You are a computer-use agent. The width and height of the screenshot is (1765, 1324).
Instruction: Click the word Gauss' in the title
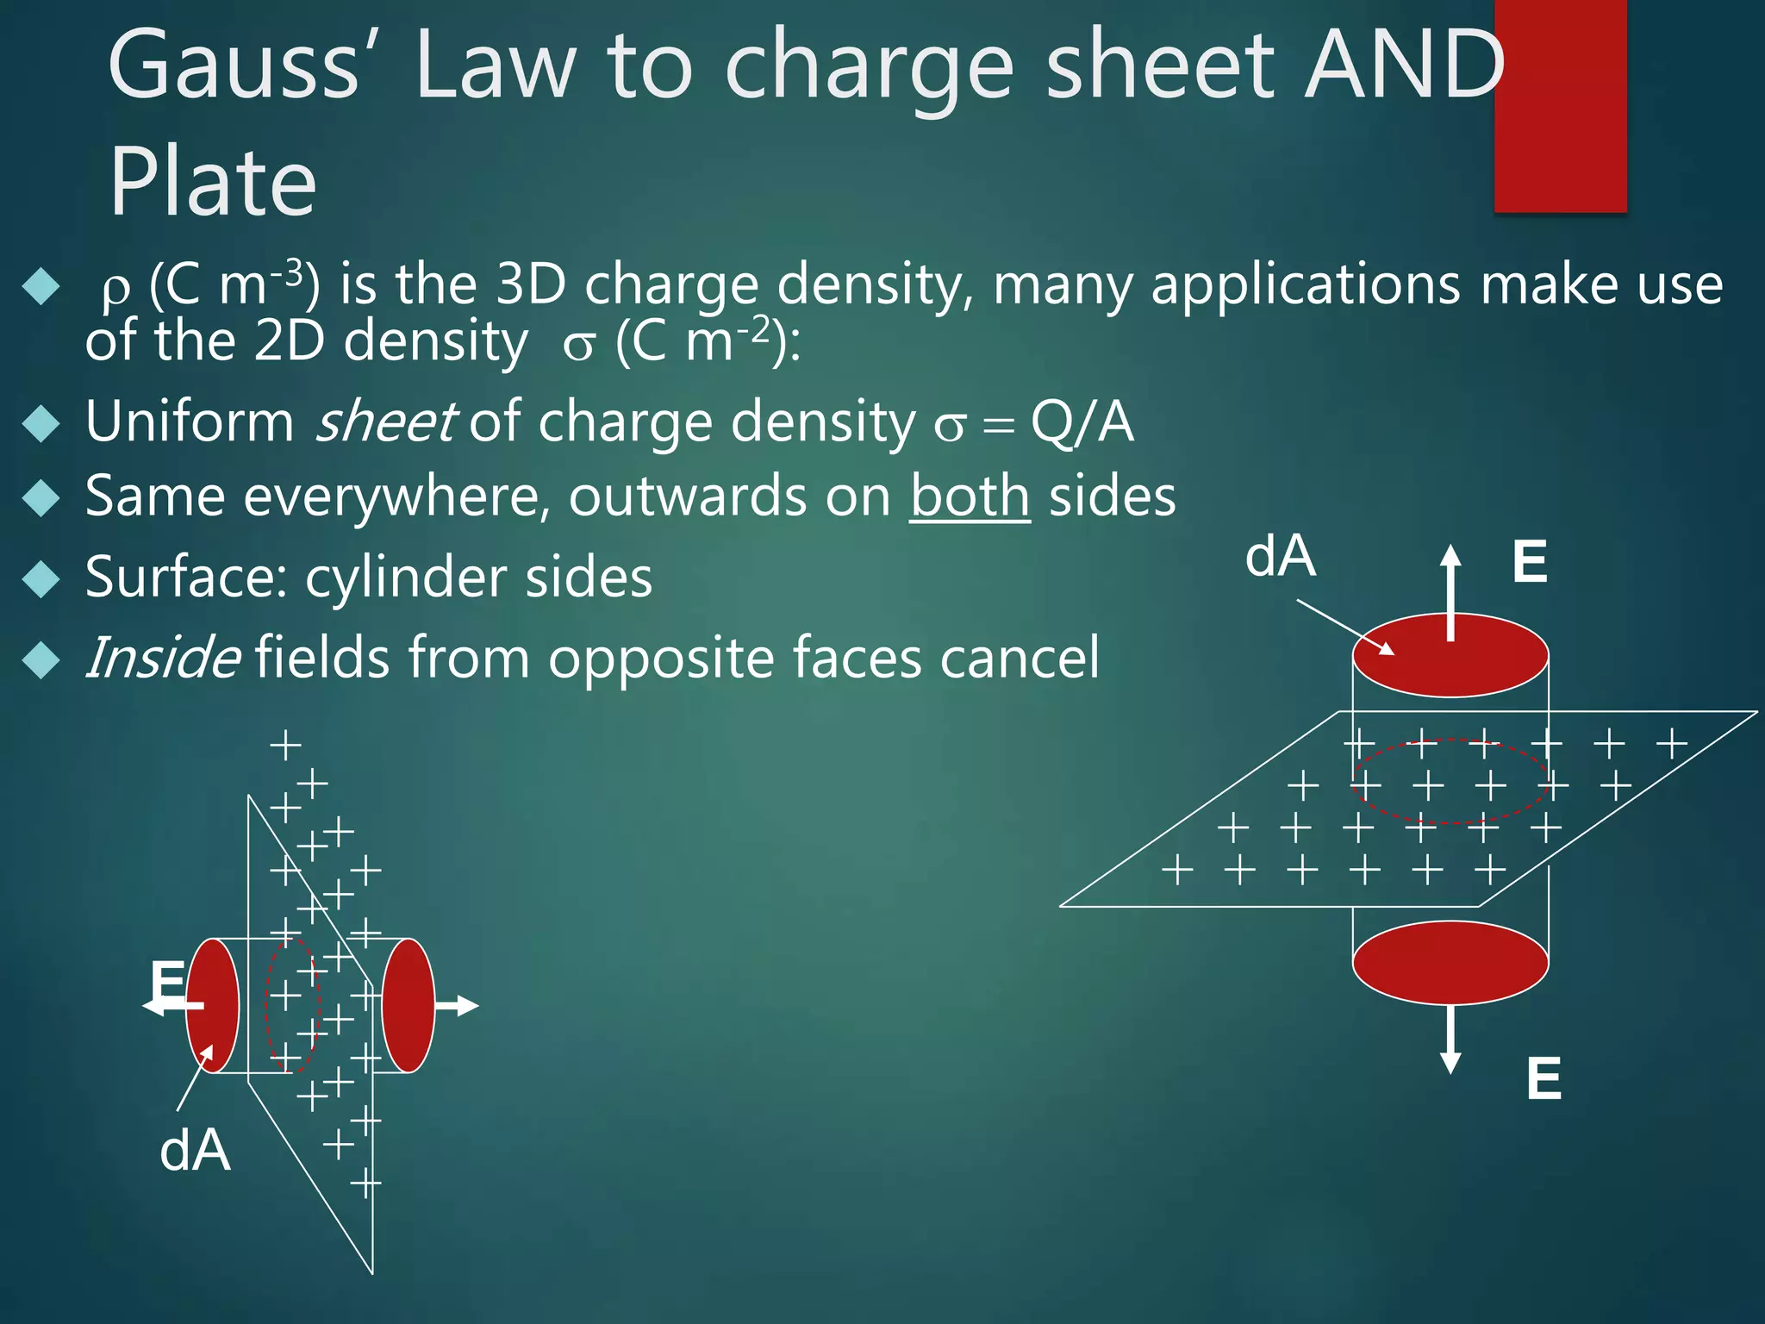(x=233, y=65)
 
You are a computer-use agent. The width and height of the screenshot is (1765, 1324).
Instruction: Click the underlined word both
(x=970, y=497)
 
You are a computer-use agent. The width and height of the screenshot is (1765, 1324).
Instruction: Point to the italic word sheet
(x=384, y=422)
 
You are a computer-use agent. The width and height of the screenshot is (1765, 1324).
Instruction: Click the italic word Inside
(x=163, y=658)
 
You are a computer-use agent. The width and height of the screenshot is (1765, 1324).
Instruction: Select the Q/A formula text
(x=1082, y=422)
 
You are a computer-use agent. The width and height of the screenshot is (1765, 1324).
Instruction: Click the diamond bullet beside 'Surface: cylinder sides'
(x=41, y=578)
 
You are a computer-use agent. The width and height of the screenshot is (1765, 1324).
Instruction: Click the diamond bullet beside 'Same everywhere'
(x=41, y=498)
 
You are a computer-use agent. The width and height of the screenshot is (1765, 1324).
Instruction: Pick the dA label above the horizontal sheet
(x=1280, y=557)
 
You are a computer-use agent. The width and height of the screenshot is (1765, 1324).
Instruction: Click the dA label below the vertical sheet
(x=196, y=1151)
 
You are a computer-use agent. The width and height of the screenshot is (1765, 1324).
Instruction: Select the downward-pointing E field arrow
(x=1451, y=1039)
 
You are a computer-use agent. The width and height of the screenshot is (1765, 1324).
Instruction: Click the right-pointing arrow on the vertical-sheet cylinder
(x=456, y=1005)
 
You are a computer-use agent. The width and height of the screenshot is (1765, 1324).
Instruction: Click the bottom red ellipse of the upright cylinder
(x=1450, y=963)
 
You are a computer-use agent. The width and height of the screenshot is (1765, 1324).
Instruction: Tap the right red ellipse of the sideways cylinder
(x=408, y=1005)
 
